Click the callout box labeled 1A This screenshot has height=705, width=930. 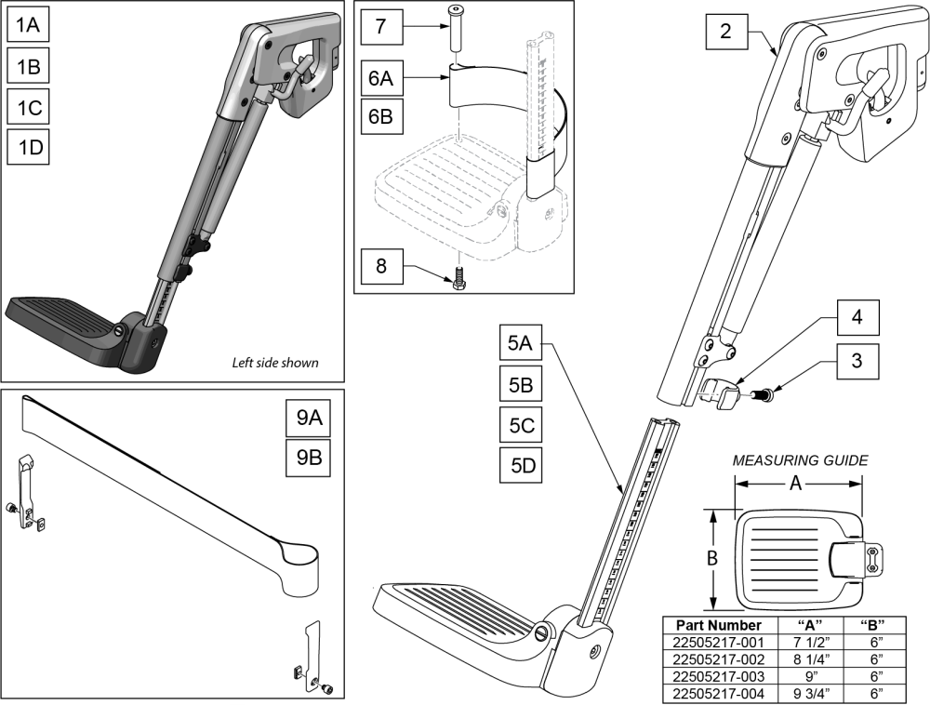coord(29,27)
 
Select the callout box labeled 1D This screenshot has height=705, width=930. coord(29,147)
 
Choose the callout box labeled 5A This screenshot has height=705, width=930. coord(521,343)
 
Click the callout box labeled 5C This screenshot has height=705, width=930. coord(521,423)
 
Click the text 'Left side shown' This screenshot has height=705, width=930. coord(274,363)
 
